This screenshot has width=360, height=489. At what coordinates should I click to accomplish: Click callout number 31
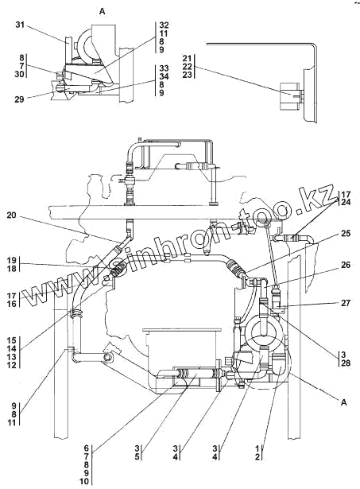(20, 25)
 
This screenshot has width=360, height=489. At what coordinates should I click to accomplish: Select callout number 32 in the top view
(164, 25)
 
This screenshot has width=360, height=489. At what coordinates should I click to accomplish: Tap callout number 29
(19, 100)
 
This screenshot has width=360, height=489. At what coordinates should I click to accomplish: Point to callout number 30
(19, 74)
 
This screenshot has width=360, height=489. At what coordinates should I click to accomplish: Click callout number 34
(164, 76)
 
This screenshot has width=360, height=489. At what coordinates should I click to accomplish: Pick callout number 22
(188, 67)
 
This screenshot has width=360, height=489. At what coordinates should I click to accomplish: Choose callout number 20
(12, 215)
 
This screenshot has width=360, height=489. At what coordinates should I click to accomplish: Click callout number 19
(12, 261)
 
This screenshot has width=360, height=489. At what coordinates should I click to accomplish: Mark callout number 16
(12, 304)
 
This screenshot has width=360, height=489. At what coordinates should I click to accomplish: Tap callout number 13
(12, 356)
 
